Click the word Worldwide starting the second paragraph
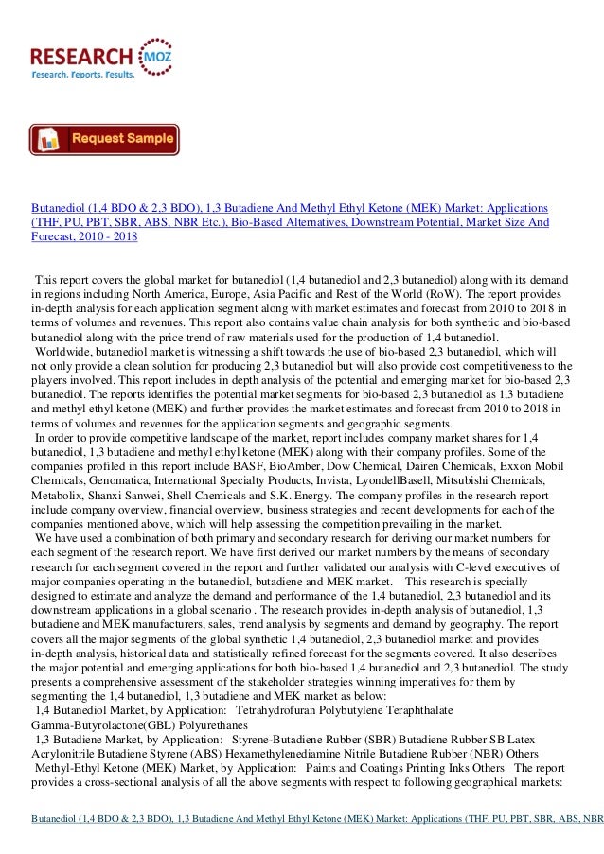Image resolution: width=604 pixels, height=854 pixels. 67,350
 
